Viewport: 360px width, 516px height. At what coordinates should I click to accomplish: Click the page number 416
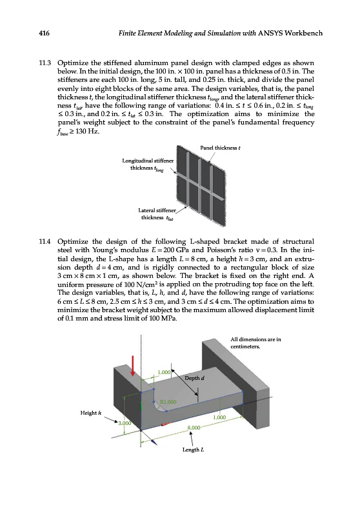44,33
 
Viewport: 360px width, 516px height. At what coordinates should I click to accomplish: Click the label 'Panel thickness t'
220,148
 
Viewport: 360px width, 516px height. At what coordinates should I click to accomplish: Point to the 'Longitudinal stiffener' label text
148,161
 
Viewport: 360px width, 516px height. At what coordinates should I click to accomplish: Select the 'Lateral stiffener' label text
157,210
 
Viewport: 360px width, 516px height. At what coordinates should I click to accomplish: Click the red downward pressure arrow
133,366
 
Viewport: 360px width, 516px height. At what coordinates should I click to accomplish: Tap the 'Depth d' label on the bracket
194,378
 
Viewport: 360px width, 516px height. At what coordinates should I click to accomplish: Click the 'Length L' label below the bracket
193,450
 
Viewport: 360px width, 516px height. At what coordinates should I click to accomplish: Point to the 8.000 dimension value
194,428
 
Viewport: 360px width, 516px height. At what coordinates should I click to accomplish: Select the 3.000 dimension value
125,423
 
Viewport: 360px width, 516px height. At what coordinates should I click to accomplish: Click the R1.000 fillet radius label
168,402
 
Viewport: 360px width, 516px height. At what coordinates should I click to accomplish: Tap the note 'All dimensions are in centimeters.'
255,343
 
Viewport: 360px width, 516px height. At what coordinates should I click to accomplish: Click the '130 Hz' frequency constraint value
87,132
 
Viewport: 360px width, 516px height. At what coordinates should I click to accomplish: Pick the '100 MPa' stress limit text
166,318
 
